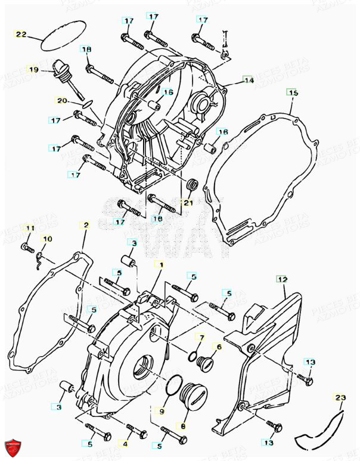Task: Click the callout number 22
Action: [x=21, y=34]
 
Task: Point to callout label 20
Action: [x=61, y=100]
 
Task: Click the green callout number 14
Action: [x=249, y=80]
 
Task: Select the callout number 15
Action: [x=292, y=92]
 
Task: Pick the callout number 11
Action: [x=29, y=228]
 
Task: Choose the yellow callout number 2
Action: [x=86, y=225]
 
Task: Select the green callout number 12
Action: [x=282, y=279]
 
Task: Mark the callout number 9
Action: [x=161, y=410]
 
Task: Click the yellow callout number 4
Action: [x=125, y=443]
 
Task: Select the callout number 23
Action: [x=340, y=397]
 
